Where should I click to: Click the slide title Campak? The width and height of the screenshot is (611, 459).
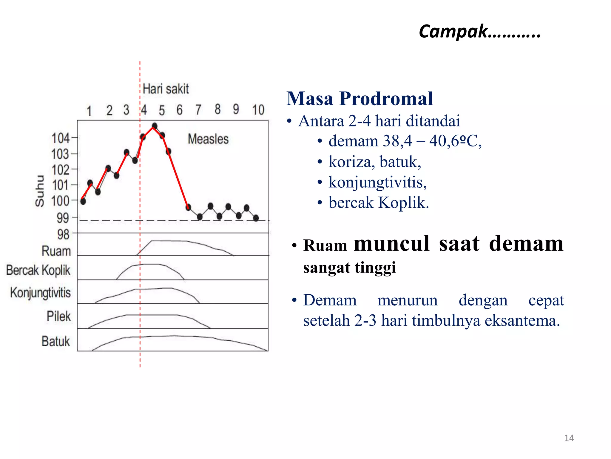click(479, 31)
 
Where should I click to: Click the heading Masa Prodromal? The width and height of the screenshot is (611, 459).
click(359, 99)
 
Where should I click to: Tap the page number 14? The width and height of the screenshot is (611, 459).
click(569, 438)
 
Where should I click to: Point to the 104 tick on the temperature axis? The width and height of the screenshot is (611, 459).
click(61, 138)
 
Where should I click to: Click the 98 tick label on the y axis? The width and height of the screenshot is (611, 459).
click(63, 235)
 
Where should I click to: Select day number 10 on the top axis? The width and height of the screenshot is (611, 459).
click(258, 110)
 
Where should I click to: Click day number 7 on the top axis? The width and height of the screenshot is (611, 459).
click(198, 110)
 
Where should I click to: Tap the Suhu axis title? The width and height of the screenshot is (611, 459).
click(40, 191)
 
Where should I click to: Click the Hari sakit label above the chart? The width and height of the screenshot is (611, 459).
click(166, 89)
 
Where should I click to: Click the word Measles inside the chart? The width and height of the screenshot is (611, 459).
click(208, 139)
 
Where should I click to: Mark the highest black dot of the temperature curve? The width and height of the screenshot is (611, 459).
click(155, 126)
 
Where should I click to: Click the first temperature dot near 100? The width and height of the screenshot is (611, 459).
click(83, 201)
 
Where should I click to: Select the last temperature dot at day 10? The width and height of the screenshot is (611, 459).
click(256, 218)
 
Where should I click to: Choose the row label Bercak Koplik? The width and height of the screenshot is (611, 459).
click(38, 270)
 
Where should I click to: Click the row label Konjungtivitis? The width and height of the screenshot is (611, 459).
click(41, 293)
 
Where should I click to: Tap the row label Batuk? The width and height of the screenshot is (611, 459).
click(56, 341)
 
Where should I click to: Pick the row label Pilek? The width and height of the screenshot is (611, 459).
click(59, 316)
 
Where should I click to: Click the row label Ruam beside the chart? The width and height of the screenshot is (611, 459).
click(56, 251)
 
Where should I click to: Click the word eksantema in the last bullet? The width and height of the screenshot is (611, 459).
click(522, 321)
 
